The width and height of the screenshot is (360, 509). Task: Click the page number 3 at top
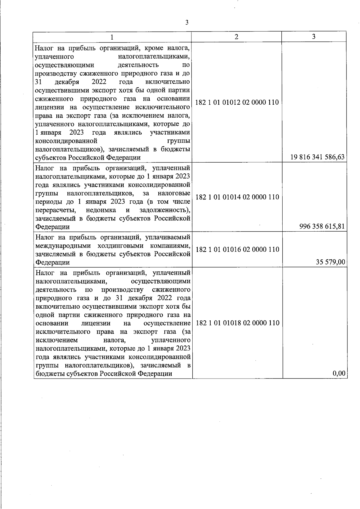tap(187, 22)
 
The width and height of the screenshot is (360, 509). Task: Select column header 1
tap(112, 37)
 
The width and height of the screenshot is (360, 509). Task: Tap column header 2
tap(236, 37)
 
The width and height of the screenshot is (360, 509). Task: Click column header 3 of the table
tap(313, 37)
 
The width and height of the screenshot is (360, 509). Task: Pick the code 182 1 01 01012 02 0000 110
tap(237, 103)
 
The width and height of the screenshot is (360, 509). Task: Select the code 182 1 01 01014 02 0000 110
tap(237, 197)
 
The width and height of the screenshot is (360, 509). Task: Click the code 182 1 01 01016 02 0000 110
tap(237, 250)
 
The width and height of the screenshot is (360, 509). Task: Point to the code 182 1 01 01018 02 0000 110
tap(237, 323)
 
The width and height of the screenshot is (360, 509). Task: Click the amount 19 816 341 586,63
tap(317, 157)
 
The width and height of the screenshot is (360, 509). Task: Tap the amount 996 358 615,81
tap(322, 226)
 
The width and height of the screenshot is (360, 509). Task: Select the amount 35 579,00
tap(330, 262)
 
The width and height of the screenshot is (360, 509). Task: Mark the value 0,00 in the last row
tap(339, 373)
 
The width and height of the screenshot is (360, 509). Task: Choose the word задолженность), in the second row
tap(165, 210)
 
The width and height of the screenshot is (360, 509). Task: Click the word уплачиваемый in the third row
tap(168, 238)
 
